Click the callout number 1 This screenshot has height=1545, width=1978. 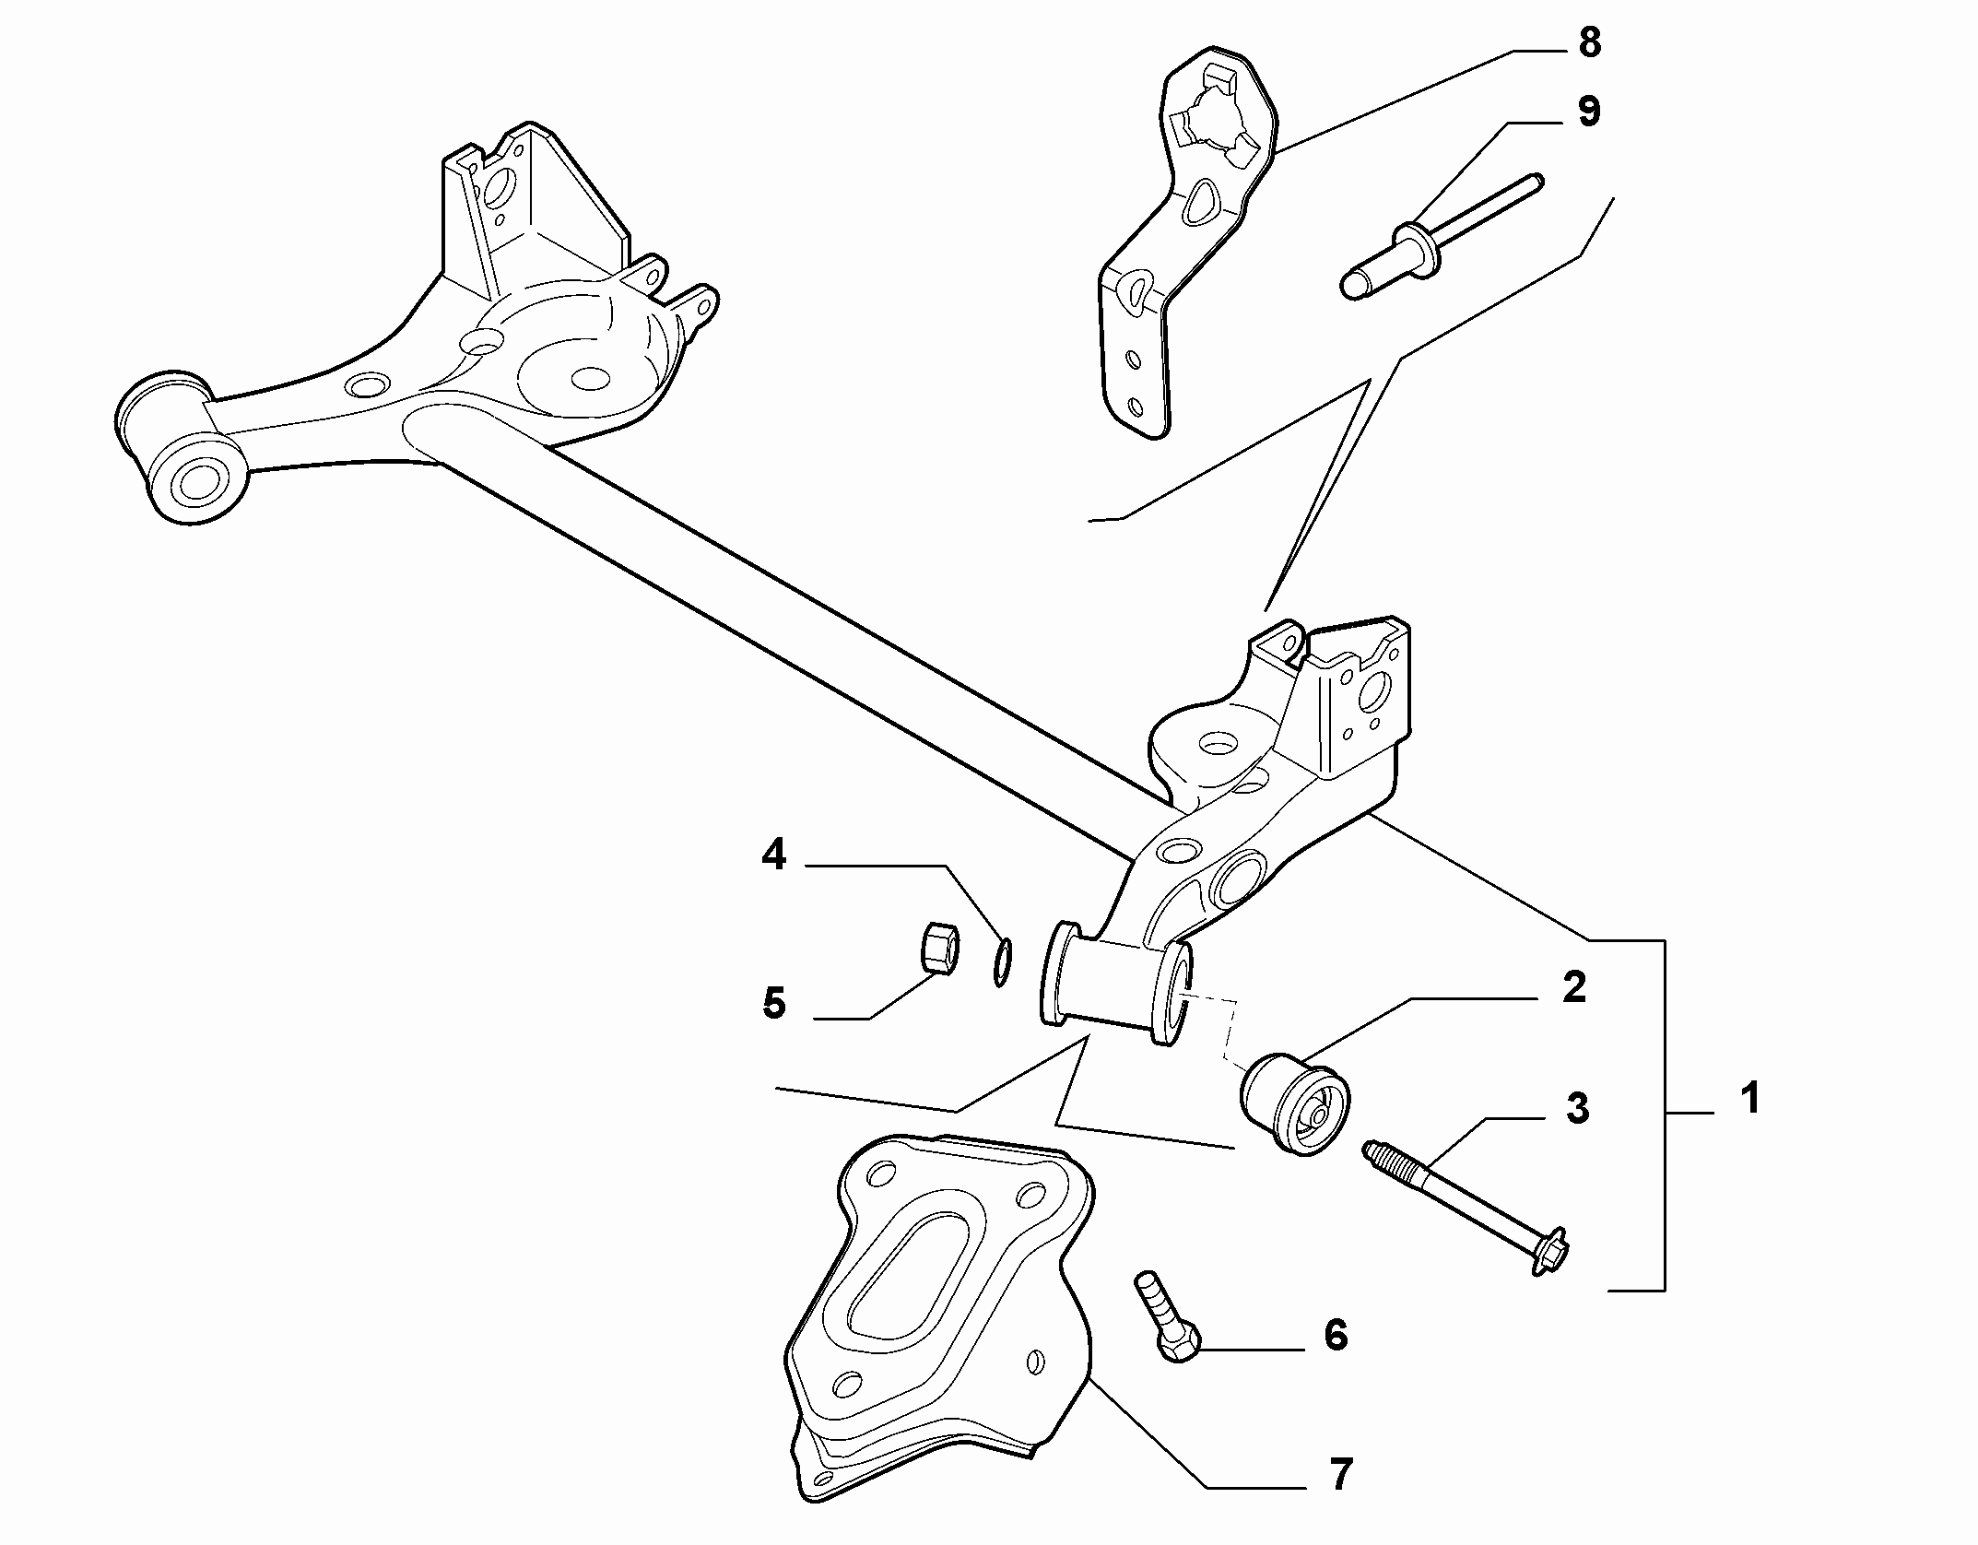coord(1749,1099)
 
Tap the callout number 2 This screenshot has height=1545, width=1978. coord(1574,987)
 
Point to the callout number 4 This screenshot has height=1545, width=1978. coord(773,855)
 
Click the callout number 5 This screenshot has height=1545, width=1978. coord(773,1003)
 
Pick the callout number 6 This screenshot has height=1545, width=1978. coord(1336,1335)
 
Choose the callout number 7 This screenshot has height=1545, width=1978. coord(1339,1475)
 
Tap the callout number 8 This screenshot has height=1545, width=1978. coord(1589,43)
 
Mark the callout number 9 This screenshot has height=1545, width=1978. coord(1587,112)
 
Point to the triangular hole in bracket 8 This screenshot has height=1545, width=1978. coord(1197,202)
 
